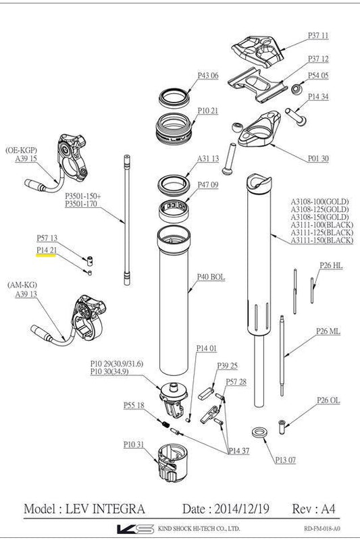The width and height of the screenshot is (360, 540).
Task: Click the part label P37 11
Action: coord(318,34)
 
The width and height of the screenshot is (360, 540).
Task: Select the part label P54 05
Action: coord(318,76)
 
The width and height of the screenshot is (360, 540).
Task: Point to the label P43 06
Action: coord(208,76)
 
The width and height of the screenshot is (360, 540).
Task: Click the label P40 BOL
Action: coord(211,277)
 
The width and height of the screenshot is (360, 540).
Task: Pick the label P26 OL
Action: coord(329,400)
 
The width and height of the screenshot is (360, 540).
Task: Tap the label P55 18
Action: coord(134,406)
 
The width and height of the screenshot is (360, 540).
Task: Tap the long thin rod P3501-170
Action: coord(126,223)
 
